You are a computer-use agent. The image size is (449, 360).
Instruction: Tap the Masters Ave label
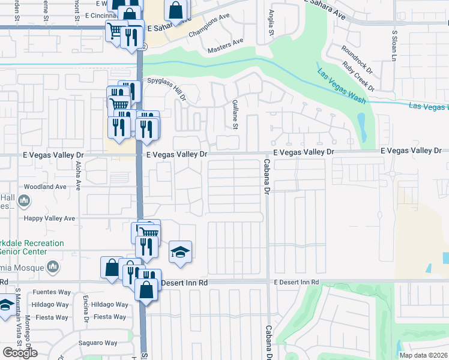pyautogui.click(x=225, y=46)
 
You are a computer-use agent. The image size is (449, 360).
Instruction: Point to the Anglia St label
pyautogui.click(x=271, y=22)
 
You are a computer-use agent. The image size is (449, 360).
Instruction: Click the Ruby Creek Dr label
pyautogui.click(x=358, y=77)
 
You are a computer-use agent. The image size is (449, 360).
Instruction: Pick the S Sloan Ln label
pyautogui.click(x=394, y=46)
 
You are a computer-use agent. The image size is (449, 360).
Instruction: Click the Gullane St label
pyautogui.click(x=235, y=115)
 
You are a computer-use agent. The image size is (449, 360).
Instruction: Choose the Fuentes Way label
pyautogui.click(x=52, y=292)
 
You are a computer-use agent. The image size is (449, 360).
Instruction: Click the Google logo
pyautogui.click(x=20, y=352)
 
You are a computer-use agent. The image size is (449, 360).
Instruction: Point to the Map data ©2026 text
pyautogui.click(x=423, y=355)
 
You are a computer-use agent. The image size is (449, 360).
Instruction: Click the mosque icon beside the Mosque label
pyautogui.click(x=53, y=266)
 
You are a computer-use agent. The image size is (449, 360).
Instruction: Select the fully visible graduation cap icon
pyautogui.click(x=180, y=253)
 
